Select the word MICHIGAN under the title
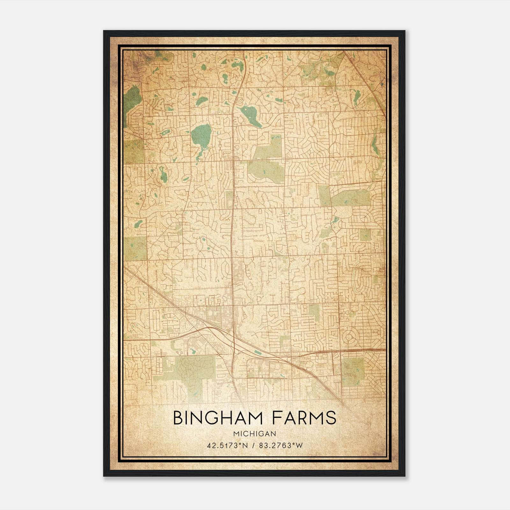click(x=254, y=434)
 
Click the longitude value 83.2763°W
click(x=281, y=445)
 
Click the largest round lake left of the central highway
click(x=201, y=134)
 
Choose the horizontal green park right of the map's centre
click(x=350, y=198)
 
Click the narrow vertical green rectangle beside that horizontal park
click(x=324, y=195)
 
